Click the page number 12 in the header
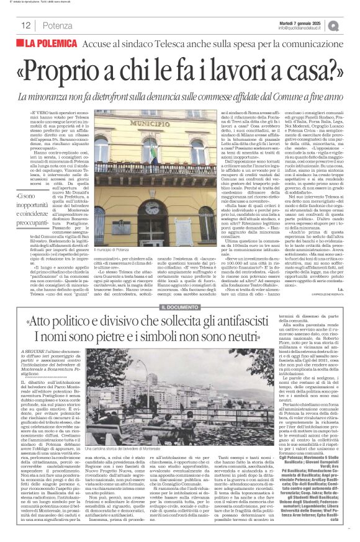27,25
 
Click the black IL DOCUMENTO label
179,308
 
